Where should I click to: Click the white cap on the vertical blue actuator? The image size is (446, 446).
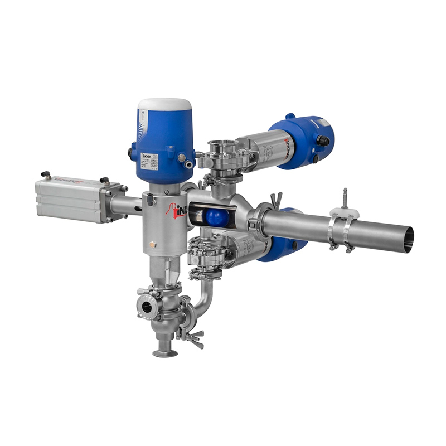coord(164,104)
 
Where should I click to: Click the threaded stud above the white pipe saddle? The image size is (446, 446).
coord(345,197)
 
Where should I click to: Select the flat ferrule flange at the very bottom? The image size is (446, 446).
coord(165,352)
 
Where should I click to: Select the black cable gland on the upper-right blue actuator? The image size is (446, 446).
coord(323,140)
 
